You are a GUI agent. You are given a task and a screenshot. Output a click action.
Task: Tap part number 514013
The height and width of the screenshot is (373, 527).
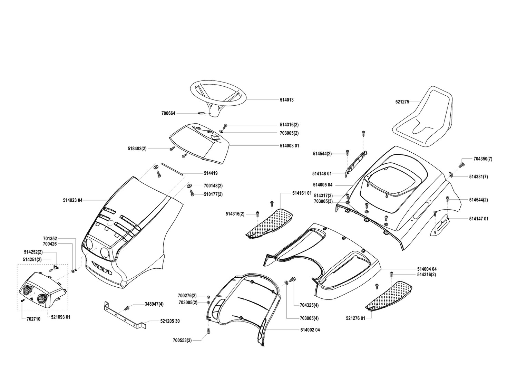[x=287, y=100]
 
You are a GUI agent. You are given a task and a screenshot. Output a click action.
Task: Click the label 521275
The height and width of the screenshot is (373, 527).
[x=402, y=102]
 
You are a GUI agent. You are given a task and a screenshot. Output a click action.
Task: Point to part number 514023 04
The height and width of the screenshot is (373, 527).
[x=73, y=200]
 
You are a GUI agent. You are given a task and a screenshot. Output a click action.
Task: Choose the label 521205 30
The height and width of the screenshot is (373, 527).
[x=170, y=321]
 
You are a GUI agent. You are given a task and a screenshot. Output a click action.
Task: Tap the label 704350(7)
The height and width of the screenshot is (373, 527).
[x=483, y=159]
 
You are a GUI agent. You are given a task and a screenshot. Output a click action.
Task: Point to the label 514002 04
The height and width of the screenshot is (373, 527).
[x=310, y=330]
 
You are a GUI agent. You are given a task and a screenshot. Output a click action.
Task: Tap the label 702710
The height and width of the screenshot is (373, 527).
[x=33, y=319]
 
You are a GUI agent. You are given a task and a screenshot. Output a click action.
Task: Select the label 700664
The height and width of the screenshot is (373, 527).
[x=168, y=113]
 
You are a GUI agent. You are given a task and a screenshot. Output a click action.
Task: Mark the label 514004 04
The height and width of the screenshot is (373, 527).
[x=427, y=269]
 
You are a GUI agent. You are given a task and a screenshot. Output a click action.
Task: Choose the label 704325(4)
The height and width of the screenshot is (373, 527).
[x=309, y=305]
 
